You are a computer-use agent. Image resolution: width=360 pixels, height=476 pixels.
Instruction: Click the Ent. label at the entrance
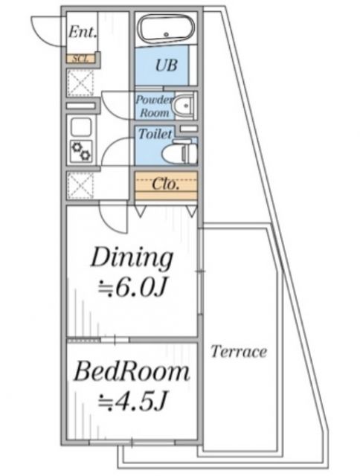83,31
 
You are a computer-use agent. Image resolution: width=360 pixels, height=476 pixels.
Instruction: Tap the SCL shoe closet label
81,59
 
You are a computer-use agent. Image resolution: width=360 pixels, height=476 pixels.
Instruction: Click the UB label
166,65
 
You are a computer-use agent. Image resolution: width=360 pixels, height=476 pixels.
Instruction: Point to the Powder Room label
154,106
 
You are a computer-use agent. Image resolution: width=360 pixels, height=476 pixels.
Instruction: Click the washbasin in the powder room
183,106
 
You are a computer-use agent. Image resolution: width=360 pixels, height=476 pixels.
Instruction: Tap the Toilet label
155,134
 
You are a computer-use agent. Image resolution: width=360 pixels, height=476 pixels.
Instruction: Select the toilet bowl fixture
179,152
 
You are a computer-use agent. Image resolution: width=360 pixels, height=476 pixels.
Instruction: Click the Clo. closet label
165,184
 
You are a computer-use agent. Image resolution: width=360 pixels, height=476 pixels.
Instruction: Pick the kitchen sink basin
81,127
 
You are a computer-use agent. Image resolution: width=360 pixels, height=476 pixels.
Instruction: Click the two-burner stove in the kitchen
81,151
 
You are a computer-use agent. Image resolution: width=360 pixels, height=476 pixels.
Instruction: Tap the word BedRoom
132,371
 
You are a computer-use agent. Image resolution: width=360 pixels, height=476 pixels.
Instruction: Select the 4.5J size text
132,402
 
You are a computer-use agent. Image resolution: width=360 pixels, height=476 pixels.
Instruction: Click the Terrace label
239,352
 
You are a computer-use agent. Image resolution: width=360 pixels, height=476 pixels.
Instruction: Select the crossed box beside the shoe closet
80,83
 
